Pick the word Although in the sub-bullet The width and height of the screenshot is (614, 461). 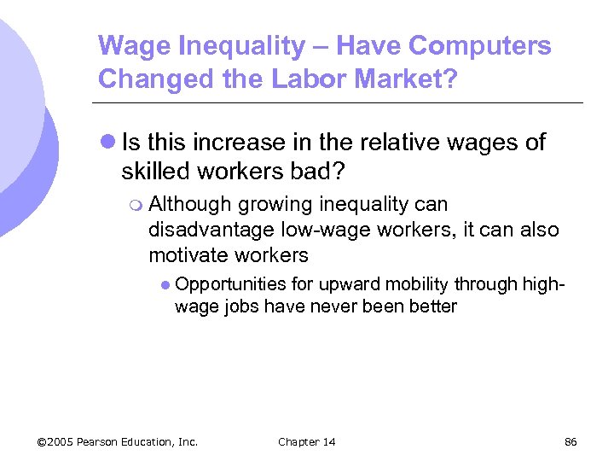click(189, 204)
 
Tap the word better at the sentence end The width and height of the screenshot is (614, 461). click(435, 306)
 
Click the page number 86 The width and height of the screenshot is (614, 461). click(571, 441)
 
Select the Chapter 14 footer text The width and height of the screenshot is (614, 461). click(306, 441)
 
